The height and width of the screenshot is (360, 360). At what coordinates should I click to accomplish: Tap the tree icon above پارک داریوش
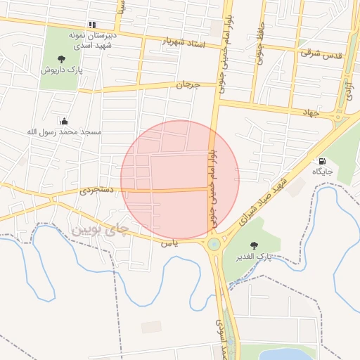click(61, 60)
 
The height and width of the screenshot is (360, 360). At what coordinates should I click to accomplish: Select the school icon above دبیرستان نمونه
click(92, 25)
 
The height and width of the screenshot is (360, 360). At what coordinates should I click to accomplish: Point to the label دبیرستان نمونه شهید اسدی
click(96, 39)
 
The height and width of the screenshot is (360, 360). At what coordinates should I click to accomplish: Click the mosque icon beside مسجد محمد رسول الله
click(65, 121)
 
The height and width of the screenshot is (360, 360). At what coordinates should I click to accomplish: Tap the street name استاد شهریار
click(184, 42)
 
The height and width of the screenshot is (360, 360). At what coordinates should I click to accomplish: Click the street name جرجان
click(188, 85)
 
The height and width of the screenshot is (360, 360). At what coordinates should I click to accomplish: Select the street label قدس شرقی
click(321, 53)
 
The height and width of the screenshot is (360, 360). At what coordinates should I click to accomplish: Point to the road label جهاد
click(311, 112)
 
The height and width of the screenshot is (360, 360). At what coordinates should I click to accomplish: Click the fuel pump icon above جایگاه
click(322, 161)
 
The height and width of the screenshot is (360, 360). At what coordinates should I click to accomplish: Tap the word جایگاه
click(323, 172)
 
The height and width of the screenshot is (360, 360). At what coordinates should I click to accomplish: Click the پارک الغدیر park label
click(254, 257)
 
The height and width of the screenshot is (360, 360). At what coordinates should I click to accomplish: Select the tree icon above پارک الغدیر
click(254, 246)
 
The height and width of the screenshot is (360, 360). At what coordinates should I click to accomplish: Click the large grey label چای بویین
click(101, 229)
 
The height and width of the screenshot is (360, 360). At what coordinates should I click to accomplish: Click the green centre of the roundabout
click(213, 244)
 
